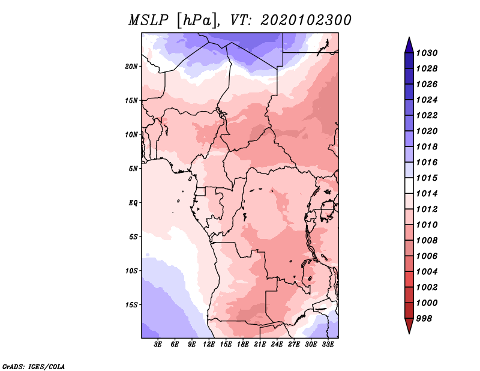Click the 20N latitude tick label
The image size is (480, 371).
(131, 67)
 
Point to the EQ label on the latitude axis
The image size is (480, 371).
(133, 203)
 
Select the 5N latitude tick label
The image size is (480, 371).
(133, 169)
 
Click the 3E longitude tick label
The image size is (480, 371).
(158, 345)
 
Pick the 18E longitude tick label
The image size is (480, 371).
(243, 345)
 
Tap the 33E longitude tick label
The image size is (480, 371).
(328, 345)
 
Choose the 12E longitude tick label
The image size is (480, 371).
(209, 345)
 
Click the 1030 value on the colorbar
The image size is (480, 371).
(427, 53)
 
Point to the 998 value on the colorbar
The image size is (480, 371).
(424, 319)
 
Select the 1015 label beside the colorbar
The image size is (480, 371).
(427, 178)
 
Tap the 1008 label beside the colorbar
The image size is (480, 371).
(427, 241)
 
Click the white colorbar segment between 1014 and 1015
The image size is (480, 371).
(409, 185)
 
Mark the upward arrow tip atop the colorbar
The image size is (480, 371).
(409, 37)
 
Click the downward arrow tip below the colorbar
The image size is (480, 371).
(409, 333)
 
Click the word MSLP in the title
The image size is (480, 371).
(148, 20)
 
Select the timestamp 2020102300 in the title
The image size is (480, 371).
(306, 20)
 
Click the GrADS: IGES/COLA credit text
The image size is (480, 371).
(34, 367)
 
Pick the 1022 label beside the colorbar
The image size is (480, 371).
(427, 115)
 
